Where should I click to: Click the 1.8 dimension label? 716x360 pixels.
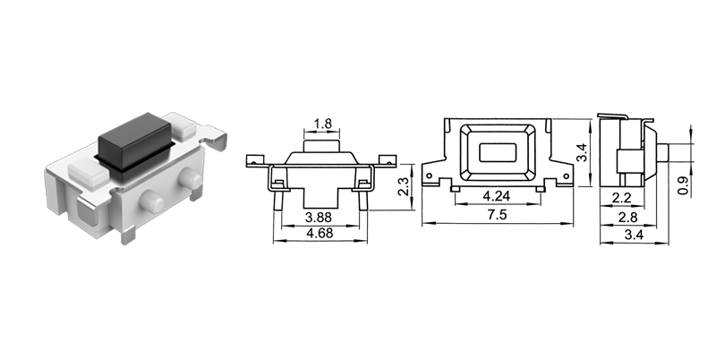click(x=322, y=124)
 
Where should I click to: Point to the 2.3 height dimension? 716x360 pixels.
click(x=404, y=186)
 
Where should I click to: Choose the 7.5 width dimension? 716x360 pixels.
click(x=497, y=215)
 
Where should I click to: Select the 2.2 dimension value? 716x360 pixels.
click(x=624, y=197)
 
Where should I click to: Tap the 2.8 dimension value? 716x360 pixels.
click(x=629, y=218)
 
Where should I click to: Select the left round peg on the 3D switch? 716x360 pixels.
click(x=154, y=202)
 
